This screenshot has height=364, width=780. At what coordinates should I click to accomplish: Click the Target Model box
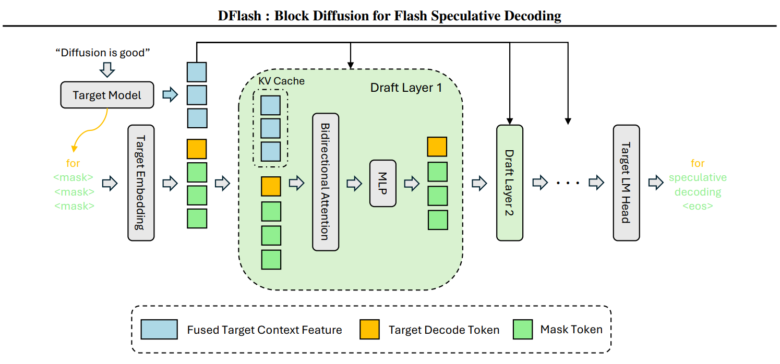tap(107, 95)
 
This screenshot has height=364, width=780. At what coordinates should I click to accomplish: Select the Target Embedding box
tap(141, 183)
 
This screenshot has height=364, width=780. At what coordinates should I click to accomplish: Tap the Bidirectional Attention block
tap(326, 182)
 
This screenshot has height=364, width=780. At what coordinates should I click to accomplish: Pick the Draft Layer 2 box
tap(509, 183)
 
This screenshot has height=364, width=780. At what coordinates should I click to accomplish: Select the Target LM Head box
tap(626, 183)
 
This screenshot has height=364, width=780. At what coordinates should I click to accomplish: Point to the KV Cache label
tap(281, 81)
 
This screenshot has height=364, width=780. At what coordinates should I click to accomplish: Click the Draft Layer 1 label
tap(406, 88)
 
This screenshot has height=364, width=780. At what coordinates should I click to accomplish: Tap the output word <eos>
tap(698, 205)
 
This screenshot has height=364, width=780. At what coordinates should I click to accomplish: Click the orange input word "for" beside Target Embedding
tap(74, 163)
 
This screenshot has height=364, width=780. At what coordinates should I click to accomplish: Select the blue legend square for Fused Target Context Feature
tap(159, 330)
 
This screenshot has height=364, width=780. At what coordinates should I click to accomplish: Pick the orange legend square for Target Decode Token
tap(369, 330)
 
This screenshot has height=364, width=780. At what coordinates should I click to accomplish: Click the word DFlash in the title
tap(241, 16)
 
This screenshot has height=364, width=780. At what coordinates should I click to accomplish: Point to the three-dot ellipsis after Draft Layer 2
tap(567, 183)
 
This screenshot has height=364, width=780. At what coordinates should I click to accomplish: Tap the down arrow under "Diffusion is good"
tap(106, 69)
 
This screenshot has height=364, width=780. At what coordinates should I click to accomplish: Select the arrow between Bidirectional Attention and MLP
tap(354, 183)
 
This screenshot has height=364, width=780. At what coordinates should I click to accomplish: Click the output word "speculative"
tap(698, 177)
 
